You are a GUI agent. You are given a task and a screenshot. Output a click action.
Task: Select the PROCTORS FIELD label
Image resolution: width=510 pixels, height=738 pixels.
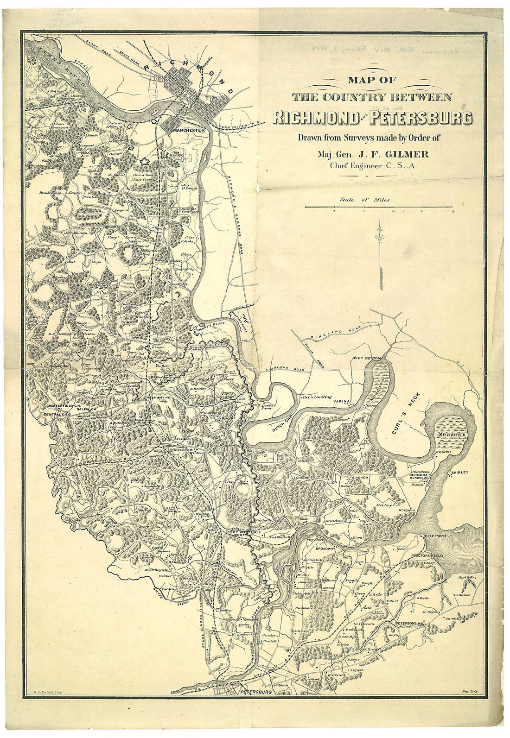pyautogui.click(x=441, y=555)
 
